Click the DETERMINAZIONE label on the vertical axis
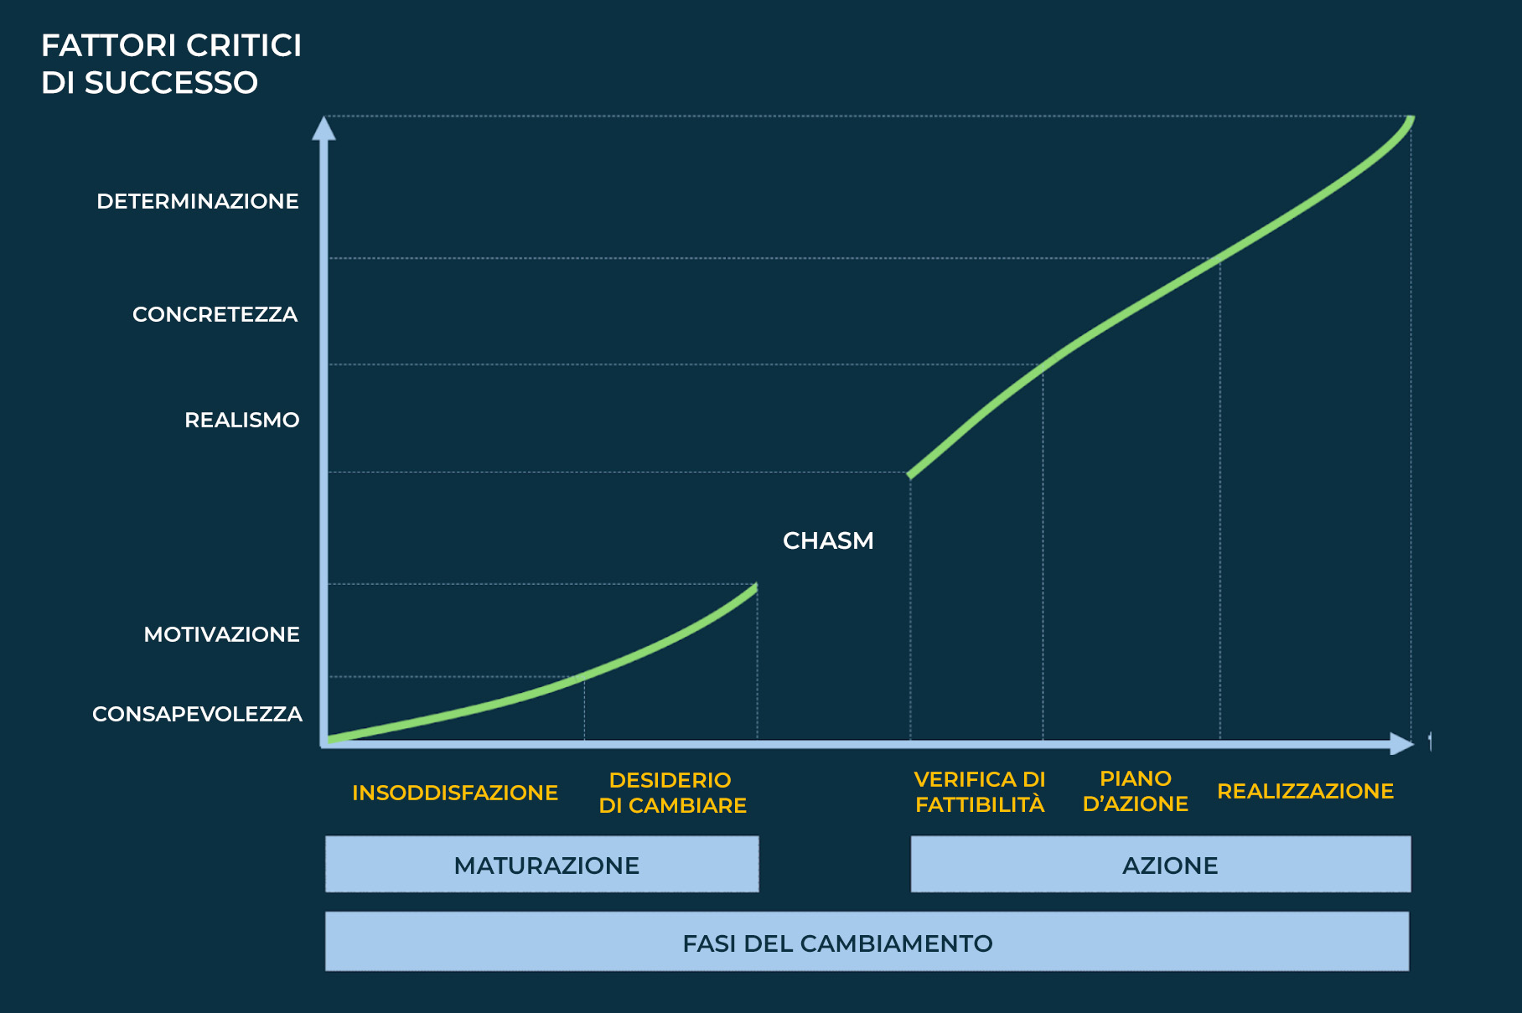click(198, 201)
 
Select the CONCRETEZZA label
click(215, 314)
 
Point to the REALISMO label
click(242, 420)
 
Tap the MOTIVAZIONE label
click(222, 634)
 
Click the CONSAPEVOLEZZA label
click(198, 714)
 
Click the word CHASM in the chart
click(828, 540)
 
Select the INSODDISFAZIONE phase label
click(455, 793)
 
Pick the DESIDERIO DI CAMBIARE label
click(672, 793)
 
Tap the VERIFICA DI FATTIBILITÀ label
click(980, 792)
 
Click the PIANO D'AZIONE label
click(1136, 791)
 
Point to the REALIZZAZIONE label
click(1306, 791)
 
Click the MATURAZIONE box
click(542, 864)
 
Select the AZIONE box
click(1161, 864)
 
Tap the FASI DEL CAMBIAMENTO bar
click(867, 942)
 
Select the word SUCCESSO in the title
click(171, 82)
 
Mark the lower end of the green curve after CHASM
click(910, 476)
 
